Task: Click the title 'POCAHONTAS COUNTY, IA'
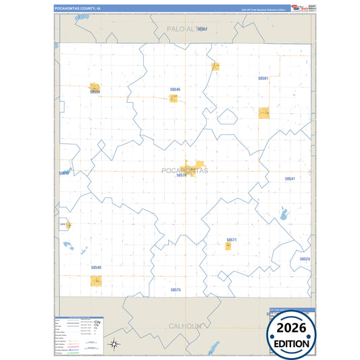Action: click(x=78, y=9)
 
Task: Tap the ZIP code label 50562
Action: click(x=202, y=29)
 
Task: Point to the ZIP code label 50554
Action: click(x=95, y=93)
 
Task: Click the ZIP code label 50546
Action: click(x=175, y=89)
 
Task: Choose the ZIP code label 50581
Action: click(x=263, y=78)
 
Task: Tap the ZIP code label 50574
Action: click(x=181, y=175)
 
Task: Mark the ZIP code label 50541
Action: click(x=290, y=178)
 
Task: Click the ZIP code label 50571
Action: click(x=232, y=240)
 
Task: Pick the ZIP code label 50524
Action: click(x=305, y=259)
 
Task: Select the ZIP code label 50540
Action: click(x=96, y=267)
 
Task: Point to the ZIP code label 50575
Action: click(x=176, y=289)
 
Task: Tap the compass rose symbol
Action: click(x=115, y=344)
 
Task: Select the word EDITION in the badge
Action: click(x=292, y=343)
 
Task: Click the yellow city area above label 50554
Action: click(x=94, y=86)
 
